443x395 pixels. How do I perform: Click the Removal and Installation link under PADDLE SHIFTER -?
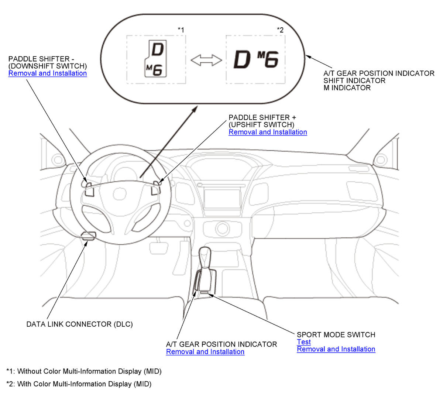48,73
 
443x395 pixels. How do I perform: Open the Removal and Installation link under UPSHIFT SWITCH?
268,132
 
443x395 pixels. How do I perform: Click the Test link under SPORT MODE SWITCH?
304,342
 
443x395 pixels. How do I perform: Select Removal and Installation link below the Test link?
336,349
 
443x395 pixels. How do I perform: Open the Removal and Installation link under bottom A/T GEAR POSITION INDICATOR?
205,352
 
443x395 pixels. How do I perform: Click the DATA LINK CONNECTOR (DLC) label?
80,324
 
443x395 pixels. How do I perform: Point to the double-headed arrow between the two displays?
206,60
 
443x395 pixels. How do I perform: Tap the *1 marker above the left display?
181,30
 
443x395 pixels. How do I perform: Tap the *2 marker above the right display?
280,30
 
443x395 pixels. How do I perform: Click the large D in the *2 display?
242,59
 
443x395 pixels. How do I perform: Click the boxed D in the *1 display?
157,49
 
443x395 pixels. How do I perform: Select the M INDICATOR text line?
347,88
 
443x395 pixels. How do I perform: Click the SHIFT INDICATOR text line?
354,80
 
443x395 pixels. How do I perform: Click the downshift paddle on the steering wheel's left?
89,190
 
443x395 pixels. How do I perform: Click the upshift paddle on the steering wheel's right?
156,188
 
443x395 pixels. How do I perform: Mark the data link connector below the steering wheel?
89,236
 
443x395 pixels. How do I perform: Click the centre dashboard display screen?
222,199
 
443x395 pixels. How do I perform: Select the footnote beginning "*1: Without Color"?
84,371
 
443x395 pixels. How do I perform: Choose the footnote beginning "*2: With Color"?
79,384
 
